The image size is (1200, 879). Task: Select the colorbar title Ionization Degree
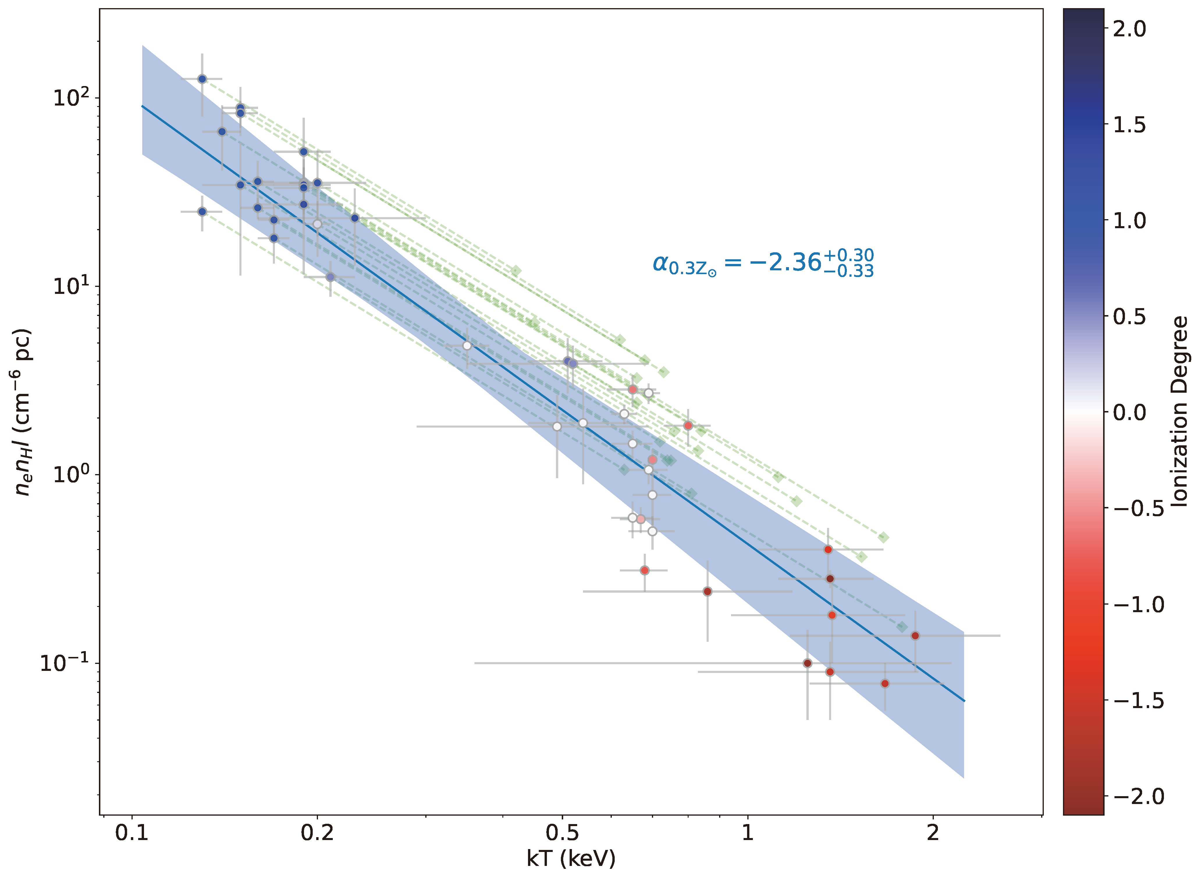pyautogui.click(x=1180, y=411)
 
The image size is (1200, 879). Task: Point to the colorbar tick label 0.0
pyautogui.click(x=1129, y=412)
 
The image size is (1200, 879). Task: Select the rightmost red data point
pyautogui.click(x=915, y=635)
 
